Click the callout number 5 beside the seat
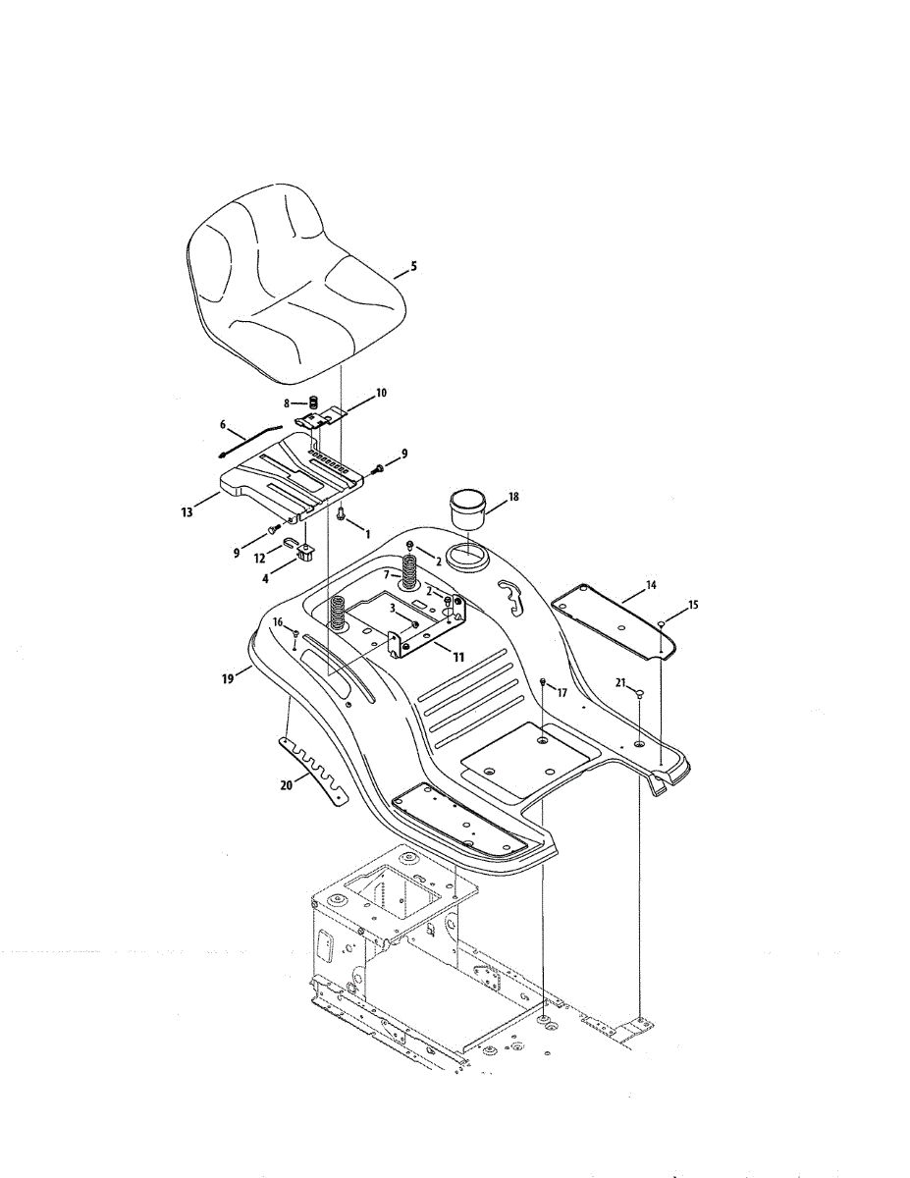pos(413,265)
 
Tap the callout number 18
pos(514,498)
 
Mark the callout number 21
pos(620,681)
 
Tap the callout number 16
pos(278,622)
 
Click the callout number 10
pos(381,393)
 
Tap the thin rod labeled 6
pos(250,439)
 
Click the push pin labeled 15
pos(664,623)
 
